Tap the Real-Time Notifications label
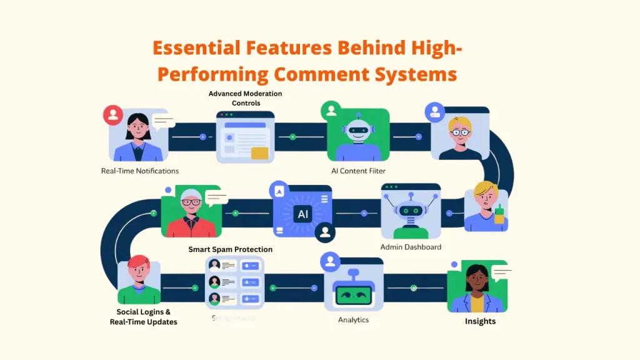pos(140,171)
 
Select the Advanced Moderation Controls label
pos(245,98)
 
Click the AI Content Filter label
pos(358,171)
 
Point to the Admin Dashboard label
pos(411,247)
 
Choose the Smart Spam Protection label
pos(230,249)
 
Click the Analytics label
pos(353,320)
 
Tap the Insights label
pos(480,321)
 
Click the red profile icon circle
pos(113,115)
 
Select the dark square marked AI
pos(303,214)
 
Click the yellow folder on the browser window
pos(259,153)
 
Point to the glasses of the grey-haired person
pos(191,202)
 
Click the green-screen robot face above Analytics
pos(354,294)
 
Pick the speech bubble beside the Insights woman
pos(502,272)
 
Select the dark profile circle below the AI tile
pos(324,232)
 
